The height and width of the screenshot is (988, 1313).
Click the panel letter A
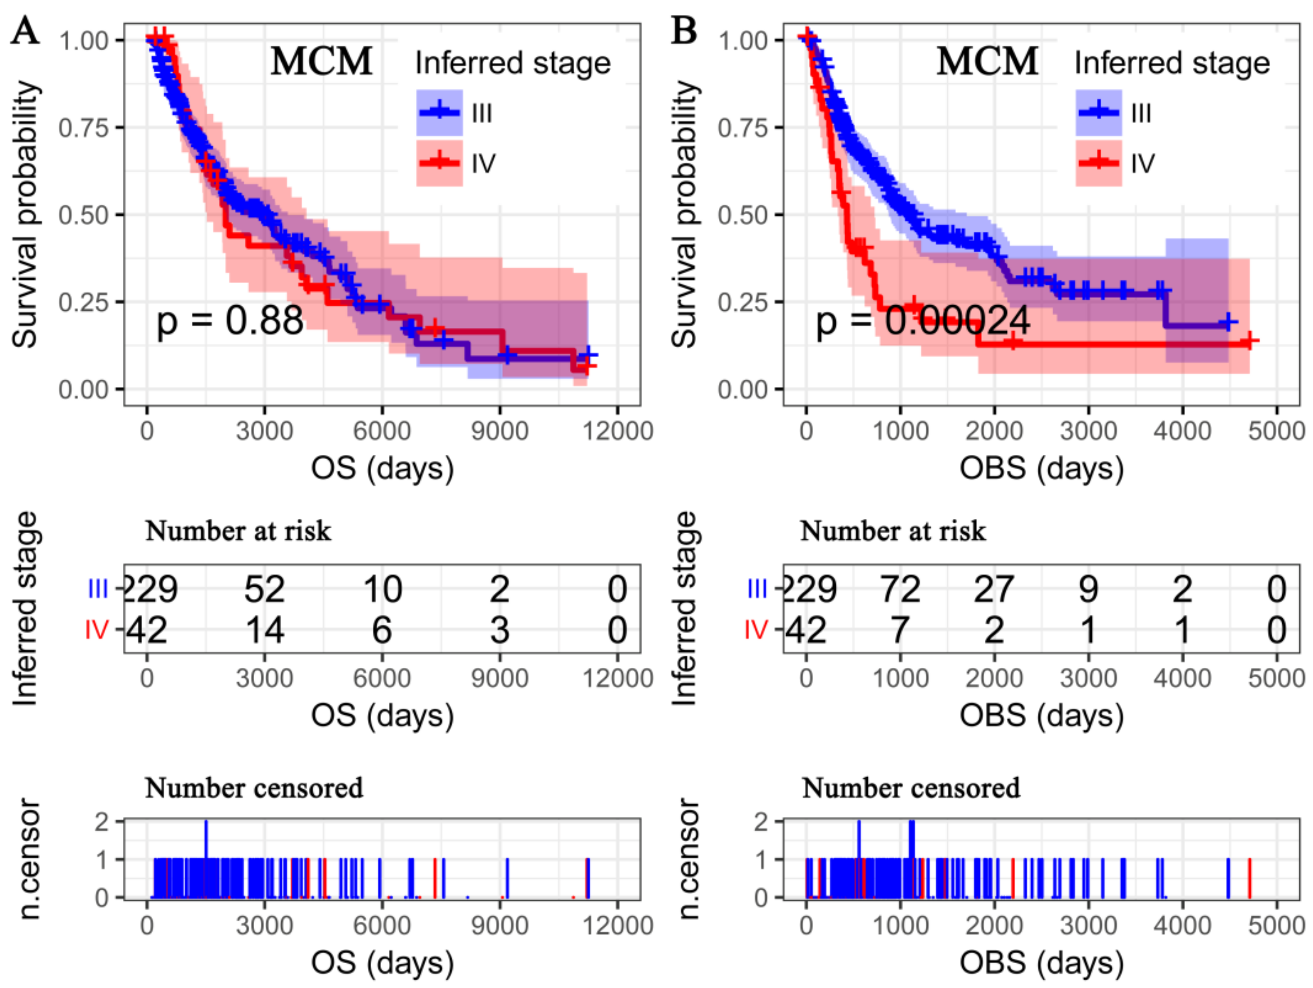(x=25, y=31)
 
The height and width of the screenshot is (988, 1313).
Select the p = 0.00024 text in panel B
(x=922, y=321)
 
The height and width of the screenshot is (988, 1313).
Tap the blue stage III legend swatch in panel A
(x=439, y=112)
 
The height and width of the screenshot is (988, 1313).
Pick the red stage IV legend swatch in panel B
(x=1098, y=162)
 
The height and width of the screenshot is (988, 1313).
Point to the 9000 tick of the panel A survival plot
(x=499, y=430)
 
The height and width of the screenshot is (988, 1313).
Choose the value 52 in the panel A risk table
(x=264, y=590)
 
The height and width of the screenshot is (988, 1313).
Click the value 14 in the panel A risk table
(x=264, y=630)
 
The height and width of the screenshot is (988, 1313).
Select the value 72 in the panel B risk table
(x=900, y=590)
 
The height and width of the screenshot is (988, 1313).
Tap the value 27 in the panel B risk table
(x=994, y=590)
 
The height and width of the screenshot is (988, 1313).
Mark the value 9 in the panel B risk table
(x=1088, y=590)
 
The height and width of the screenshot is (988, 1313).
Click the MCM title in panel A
(x=321, y=62)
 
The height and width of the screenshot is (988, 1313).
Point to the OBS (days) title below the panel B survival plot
(x=1041, y=468)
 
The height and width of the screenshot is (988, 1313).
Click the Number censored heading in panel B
(x=911, y=788)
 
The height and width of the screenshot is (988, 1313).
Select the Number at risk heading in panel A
(x=238, y=531)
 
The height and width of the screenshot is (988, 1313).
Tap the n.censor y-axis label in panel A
(x=28, y=859)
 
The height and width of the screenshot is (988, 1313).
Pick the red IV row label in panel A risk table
(x=96, y=630)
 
